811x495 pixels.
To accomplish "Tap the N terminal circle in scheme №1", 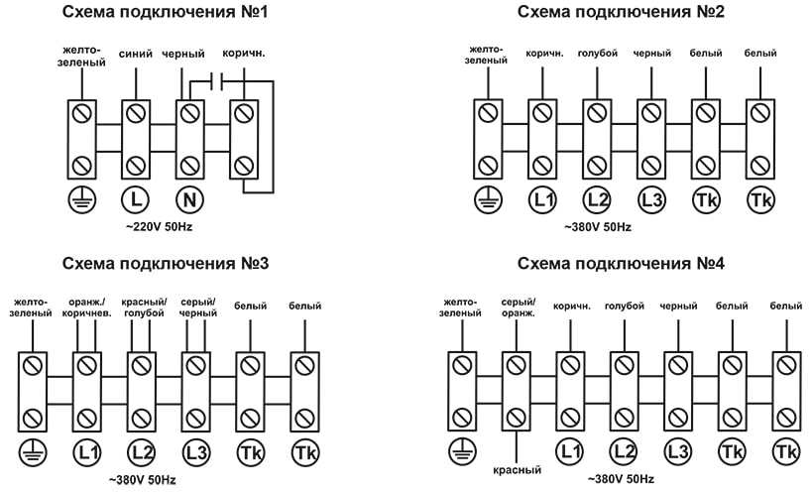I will coord(190,199).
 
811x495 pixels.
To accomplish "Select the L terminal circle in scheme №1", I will coord(136,199).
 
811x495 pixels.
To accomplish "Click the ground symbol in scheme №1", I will coord(80,199).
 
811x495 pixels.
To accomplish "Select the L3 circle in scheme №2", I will coord(650,199).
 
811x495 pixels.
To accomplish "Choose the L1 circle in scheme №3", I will coord(87,452).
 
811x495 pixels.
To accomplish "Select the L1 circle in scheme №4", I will coord(570,452).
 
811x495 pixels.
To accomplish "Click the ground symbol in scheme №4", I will coord(461,452).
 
